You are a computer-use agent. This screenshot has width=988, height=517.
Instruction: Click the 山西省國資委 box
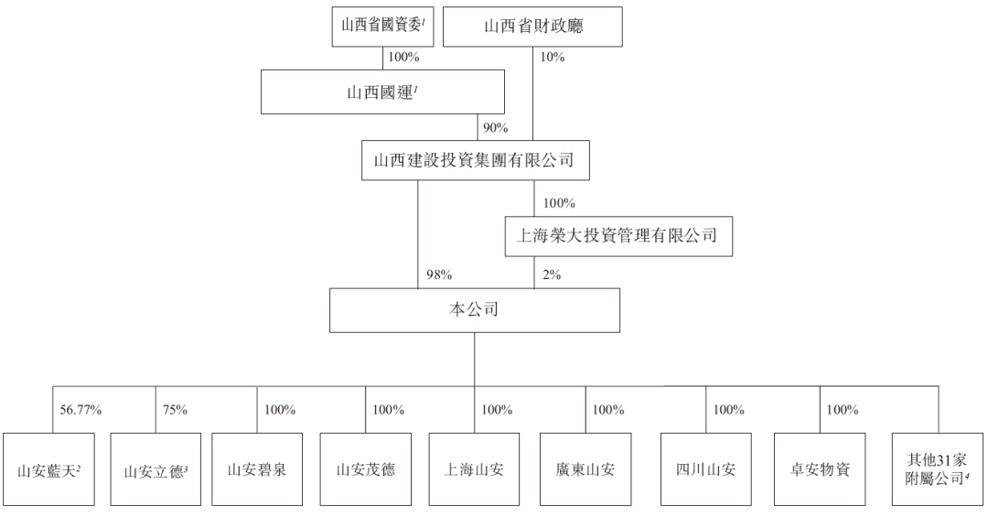(x=383, y=27)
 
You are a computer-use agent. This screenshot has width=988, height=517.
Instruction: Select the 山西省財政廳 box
(x=532, y=27)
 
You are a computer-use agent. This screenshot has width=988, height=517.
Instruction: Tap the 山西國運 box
(x=382, y=92)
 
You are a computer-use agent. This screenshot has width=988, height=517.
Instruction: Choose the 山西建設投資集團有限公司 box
(x=475, y=160)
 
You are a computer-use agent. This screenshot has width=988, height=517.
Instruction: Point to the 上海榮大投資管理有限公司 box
(x=618, y=236)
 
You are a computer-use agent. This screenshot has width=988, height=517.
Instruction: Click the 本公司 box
(x=475, y=310)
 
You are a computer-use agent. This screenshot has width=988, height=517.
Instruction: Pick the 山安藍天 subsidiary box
(x=49, y=469)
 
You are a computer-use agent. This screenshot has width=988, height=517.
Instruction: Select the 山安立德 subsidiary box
(x=156, y=469)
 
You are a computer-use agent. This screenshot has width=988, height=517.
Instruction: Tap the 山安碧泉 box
(x=257, y=469)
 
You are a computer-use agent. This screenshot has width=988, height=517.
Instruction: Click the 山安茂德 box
(x=365, y=469)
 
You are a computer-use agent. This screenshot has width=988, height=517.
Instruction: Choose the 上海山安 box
(x=475, y=469)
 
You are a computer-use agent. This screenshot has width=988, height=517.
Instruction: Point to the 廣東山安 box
(x=585, y=469)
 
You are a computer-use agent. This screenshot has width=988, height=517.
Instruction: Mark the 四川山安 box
(x=705, y=469)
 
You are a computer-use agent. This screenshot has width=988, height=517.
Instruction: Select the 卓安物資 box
(x=820, y=469)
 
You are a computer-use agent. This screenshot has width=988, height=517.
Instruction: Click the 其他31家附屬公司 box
(x=938, y=469)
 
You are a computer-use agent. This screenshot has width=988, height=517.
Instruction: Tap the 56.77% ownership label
(x=81, y=410)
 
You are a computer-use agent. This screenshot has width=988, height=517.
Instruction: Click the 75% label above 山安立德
(x=175, y=410)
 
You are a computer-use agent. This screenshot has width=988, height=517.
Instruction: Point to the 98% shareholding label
(x=439, y=275)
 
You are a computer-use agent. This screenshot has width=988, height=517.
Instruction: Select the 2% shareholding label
(x=552, y=275)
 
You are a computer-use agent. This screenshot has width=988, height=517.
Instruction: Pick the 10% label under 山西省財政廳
(x=552, y=57)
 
